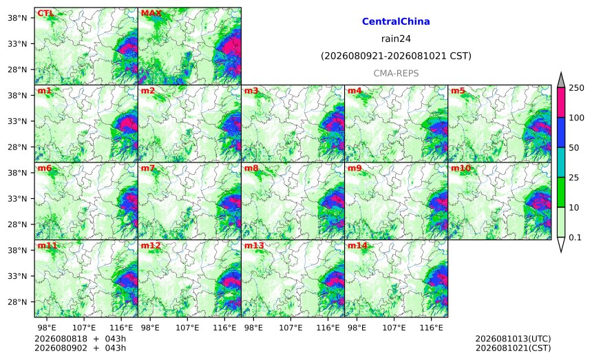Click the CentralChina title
click(396, 21)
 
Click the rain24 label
click(396, 39)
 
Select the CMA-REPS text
click(396, 73)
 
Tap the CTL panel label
click(45, 13)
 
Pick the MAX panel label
click(151, 13)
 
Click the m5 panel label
click(458, 91)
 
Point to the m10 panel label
click(461, 168)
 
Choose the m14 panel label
click(357, 245)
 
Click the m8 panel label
click(251, 168)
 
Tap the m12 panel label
click(151, 245)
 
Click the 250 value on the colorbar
click(576, 88)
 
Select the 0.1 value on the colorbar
click(575, 237)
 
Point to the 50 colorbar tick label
click(574, 147)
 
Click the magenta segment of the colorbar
click(560, 103)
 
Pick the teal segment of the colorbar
click(560, 162)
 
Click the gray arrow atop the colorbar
click(560, 81)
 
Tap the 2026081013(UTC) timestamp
click(513, 339)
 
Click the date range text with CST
click(396, 56)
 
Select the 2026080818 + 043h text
click(80, 339)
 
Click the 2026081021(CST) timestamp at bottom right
click(513, 348)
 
